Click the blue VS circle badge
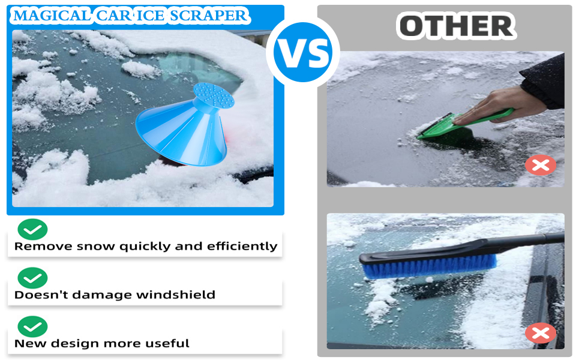303,52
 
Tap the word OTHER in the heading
456,26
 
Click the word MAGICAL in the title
52,16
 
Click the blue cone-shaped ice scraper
184,124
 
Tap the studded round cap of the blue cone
214,94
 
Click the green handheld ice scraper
464,125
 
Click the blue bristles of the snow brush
430,267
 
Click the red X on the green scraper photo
541,165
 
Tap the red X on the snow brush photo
541,333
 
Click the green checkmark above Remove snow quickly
32,229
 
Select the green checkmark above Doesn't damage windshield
32,278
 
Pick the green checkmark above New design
32,326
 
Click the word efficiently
242,246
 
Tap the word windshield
176,295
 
